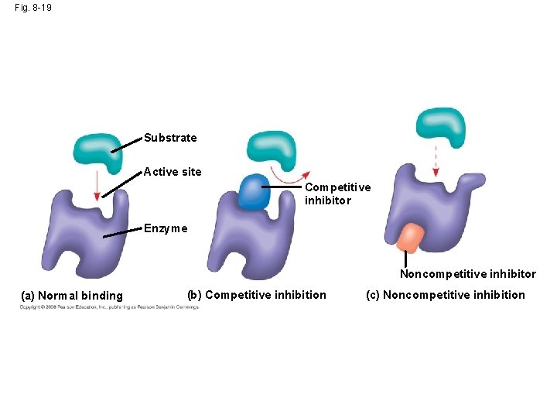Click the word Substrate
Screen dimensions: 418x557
170,138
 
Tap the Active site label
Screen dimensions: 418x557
173,172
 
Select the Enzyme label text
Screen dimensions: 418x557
165,228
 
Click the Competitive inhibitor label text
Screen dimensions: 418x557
337,194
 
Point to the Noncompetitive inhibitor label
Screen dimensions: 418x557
467,274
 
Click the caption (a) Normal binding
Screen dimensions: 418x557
72,295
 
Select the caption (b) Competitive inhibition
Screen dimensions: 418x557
257,294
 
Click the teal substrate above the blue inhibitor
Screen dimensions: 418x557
271,149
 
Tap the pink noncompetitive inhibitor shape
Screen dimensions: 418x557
410,238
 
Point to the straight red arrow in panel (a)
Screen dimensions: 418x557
96,186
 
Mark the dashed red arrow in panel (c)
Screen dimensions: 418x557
435,161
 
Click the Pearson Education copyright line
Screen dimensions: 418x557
109,307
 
